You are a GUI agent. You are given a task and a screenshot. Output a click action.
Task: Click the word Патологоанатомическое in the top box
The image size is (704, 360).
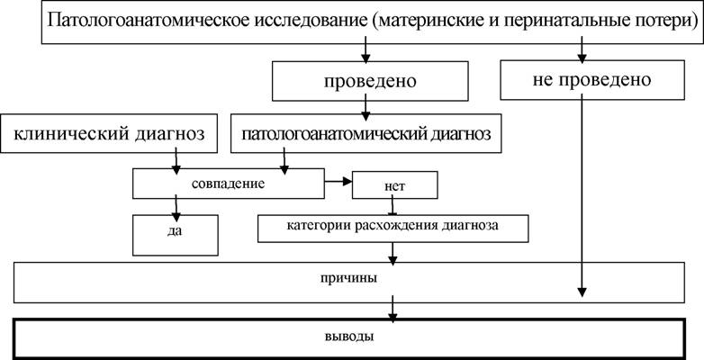149,22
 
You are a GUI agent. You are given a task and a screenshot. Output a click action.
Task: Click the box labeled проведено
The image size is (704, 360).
370,81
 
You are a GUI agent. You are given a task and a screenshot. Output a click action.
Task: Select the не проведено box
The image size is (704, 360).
592,80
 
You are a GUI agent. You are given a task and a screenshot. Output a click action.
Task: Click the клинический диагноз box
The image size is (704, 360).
109,133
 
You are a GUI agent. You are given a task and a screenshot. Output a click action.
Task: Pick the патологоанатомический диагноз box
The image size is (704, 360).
366,133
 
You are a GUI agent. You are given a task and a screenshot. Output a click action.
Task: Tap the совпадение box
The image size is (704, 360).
228,183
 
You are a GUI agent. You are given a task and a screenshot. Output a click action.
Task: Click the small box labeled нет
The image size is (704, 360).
394,184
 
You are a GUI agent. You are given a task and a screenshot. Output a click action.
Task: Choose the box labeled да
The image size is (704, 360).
176,235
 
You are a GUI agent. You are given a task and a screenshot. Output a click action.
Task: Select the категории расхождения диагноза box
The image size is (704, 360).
393,229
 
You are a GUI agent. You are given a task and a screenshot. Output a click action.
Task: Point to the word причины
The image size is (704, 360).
349,279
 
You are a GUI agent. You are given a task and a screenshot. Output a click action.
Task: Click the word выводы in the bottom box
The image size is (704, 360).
349,337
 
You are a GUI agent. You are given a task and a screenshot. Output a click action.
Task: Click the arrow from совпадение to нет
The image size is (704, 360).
338,181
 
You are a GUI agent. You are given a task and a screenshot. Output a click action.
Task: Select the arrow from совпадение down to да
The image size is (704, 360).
176,206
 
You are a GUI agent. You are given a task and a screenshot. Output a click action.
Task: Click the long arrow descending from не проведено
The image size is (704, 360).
582,198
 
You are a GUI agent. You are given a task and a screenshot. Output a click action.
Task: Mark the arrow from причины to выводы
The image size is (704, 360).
393,310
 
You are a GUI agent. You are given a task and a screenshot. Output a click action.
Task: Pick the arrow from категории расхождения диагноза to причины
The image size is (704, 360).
393,253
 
